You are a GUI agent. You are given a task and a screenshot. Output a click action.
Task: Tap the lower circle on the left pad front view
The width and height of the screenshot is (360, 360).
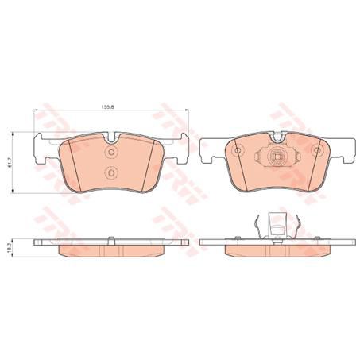pos(110,173)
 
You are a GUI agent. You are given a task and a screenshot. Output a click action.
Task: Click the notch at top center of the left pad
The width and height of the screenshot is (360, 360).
pos(110,142)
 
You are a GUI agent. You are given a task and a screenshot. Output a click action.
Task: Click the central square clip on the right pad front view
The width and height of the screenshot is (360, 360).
pos(277,157)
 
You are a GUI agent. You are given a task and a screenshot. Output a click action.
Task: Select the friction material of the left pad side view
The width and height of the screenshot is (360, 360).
pos(110,250)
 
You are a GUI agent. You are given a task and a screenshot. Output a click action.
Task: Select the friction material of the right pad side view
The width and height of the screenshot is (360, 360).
pos(276,250)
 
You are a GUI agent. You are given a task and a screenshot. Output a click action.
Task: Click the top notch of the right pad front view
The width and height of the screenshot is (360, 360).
pos(276,142)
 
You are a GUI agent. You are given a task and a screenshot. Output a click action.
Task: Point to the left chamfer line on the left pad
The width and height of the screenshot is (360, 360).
pos(68,163)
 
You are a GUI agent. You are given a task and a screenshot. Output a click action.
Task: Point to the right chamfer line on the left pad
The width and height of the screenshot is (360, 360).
pos(153,163)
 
